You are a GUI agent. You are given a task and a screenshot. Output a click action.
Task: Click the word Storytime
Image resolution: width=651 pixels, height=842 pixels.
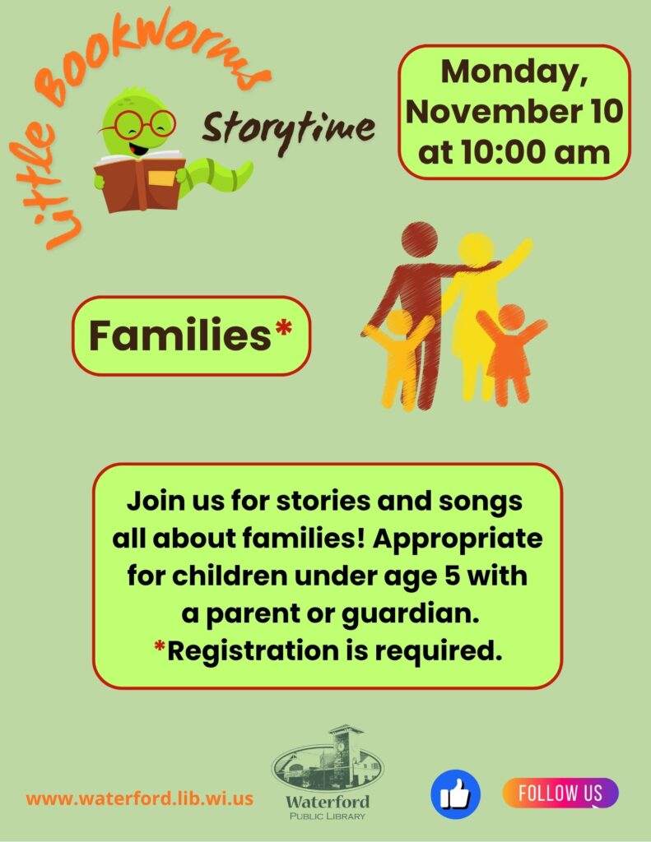(288, 131)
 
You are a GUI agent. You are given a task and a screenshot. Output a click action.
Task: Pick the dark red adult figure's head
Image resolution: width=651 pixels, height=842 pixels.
(419, 241)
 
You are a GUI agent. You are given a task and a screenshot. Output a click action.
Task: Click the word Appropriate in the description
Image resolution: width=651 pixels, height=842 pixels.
(458, 539)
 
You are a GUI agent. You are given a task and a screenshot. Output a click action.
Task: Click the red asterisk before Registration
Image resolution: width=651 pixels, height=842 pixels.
(160, 646)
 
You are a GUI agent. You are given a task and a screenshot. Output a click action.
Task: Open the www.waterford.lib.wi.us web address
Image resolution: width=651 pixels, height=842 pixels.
(140, 798)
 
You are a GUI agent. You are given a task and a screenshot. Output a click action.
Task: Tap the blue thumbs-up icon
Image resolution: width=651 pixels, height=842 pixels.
(456, 794)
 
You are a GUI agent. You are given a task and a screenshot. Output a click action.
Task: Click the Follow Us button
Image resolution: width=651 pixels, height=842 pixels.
(560, 793)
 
